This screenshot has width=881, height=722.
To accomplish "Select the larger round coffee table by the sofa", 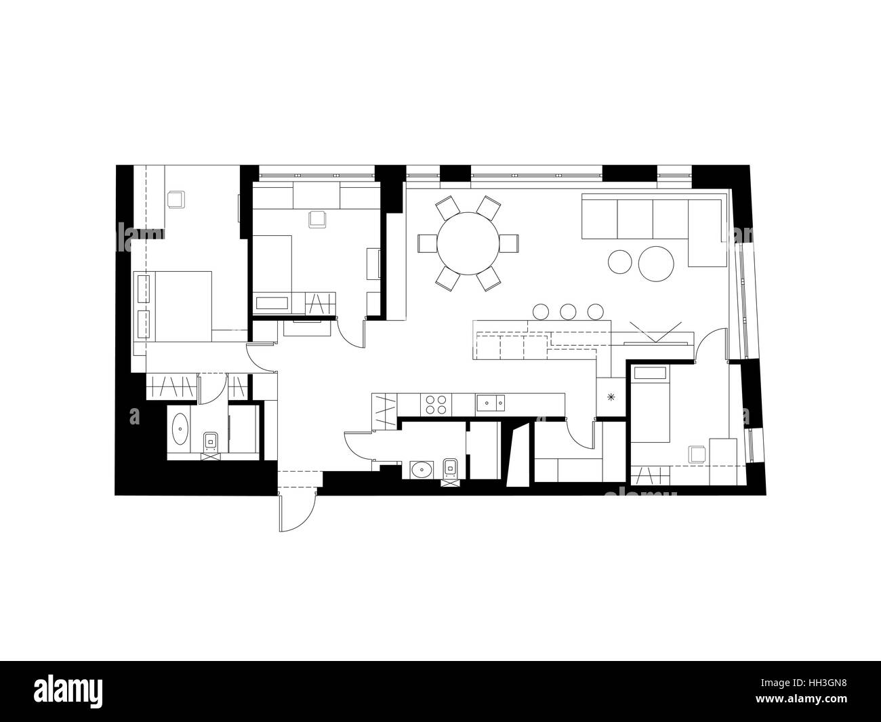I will (656, 263).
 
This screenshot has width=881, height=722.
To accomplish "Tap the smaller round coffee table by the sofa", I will (621, 262).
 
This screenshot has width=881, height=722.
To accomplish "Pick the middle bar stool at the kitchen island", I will (568, 311).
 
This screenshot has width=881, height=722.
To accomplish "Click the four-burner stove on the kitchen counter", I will (434, 404).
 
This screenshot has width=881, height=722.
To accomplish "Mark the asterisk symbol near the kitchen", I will (612, 397).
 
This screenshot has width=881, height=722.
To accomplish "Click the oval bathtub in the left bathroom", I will (181, 430).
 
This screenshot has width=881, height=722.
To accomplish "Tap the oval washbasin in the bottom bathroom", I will (424, 468).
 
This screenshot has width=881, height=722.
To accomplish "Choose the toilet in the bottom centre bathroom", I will (449, 468).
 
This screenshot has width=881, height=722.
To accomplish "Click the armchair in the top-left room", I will (176, 199).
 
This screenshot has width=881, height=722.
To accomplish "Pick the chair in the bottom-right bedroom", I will (696, 454).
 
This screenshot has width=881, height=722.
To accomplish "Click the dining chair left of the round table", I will (428, 243).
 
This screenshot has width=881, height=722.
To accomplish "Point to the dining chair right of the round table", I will (509, 242).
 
